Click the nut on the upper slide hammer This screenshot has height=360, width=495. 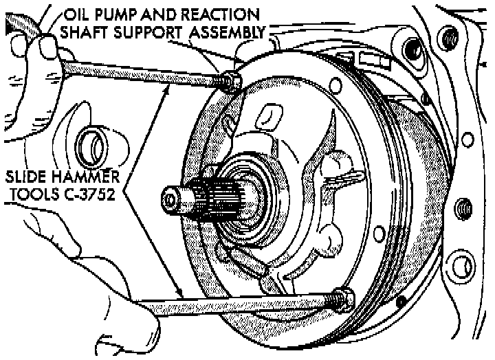click(x=232, y=82)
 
